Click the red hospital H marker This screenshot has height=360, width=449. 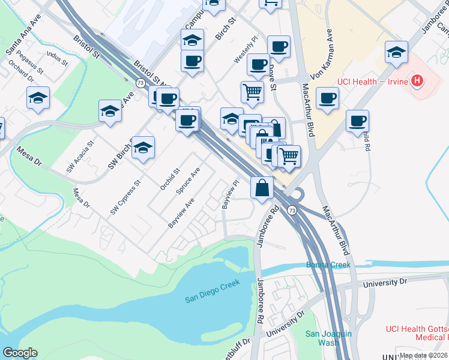tap(416, 81)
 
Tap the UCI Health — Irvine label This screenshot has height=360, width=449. tap(373, 82)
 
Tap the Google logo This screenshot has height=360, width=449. tap(20, 353)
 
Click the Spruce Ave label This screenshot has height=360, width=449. tap(187, 181)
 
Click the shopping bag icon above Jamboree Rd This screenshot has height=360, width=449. tap(263, 188)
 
